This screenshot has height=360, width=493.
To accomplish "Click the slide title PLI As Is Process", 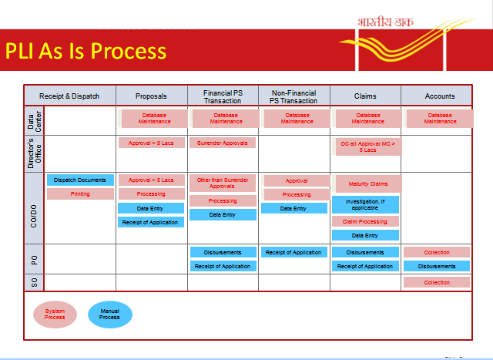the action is (x=86, y=51).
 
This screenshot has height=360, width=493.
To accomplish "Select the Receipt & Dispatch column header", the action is (x=70, y=96).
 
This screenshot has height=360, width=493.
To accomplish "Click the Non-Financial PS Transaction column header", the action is (x=293, y=96).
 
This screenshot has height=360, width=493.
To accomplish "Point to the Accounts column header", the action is (x=440, y=96).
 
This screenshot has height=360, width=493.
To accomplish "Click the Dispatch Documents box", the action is (x=81, y=180).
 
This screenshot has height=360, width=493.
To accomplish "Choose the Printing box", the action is (x=81, y=194).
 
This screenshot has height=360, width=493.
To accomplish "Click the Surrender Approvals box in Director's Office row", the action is (x=223, y=143).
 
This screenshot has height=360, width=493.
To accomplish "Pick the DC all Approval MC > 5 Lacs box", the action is (x=367, y=146).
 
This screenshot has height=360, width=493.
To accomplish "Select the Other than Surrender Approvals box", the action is (x=223, y=183).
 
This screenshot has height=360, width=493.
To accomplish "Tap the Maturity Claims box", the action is (x=367, y=183).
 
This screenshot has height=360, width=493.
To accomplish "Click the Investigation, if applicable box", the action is (x=366, y=204).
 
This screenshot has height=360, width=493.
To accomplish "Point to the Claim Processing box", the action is (x=366, y=221).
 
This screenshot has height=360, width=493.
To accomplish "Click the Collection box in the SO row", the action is (x=437, y=282).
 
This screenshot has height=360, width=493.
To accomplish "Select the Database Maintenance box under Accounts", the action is (x=440, y=118).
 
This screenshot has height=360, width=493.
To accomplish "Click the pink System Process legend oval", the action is (x=55, y=314).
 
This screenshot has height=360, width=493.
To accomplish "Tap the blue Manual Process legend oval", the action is (x=110, y=314).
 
